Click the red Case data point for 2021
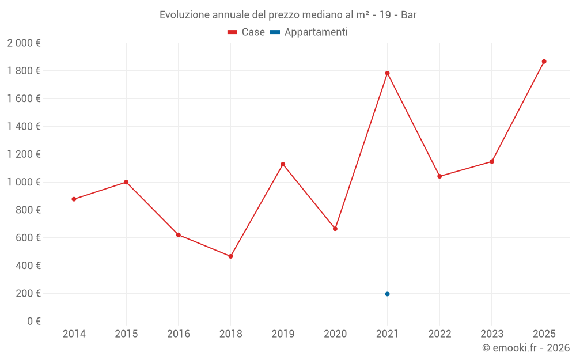point(387,73)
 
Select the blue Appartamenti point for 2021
point(387,294)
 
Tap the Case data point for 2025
point(544,62)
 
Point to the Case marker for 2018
point(230,256)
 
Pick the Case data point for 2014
point(74,199)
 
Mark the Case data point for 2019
point(283,164)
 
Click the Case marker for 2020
point(335,229)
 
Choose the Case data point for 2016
point(179,235)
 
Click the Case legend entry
point(247,32)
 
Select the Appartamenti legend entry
point(309,32)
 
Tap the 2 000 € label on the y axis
point(24,43)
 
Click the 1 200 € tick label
point(24,154)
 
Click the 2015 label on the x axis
point(126,334)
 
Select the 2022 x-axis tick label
point(439,334)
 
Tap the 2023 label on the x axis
point(492,334)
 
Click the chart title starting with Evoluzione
point(288,15)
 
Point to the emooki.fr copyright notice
point(526,348)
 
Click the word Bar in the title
point(408,15)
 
